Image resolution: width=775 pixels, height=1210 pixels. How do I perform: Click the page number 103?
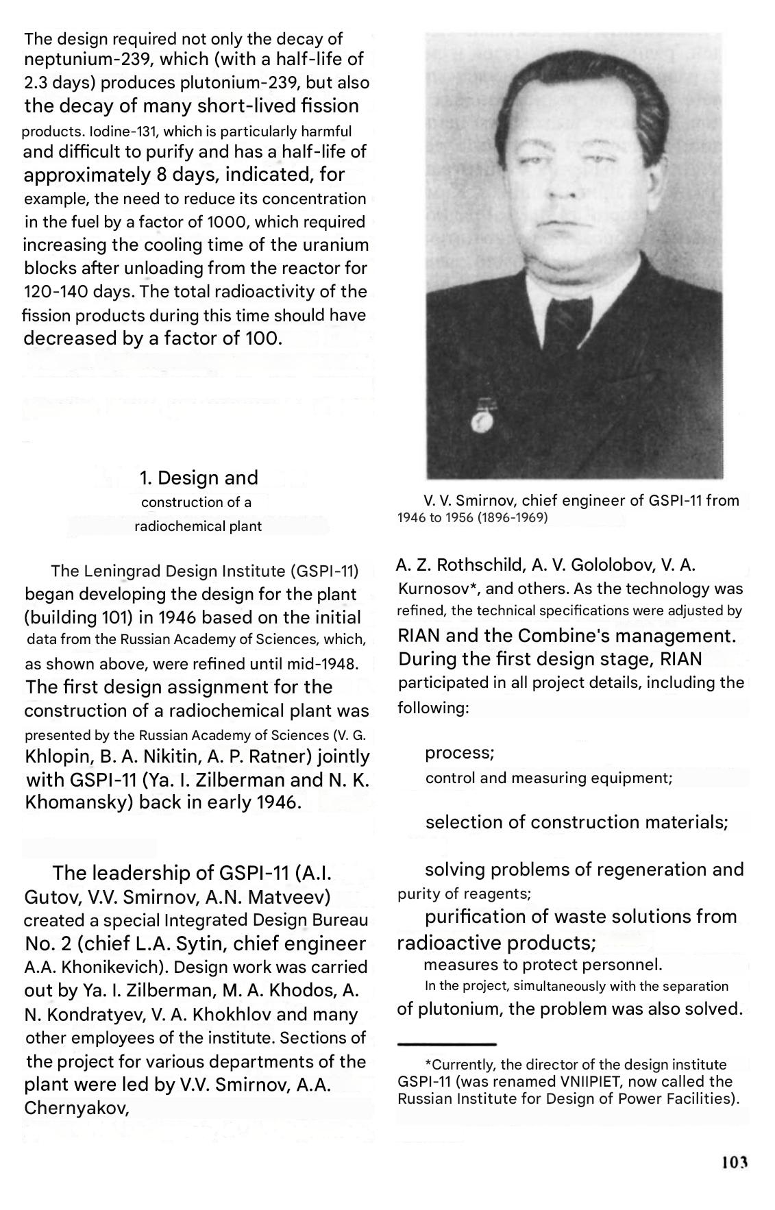pyautogui.click(x=733, y=1162)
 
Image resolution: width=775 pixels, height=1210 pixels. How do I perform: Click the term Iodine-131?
pyautogui.click(x=114, y=131)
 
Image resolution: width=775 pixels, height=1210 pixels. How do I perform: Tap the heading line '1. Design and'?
pyautogui.click(x=199, y=478)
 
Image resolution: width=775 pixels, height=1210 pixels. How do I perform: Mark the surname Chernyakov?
pyautogui.click(x=77, y=1108)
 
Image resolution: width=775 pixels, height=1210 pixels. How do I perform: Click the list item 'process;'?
pyautogui.click(x=460, y=752)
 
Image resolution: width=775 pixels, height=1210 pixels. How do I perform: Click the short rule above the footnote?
pyautogui.click(x=447, y=1044)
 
